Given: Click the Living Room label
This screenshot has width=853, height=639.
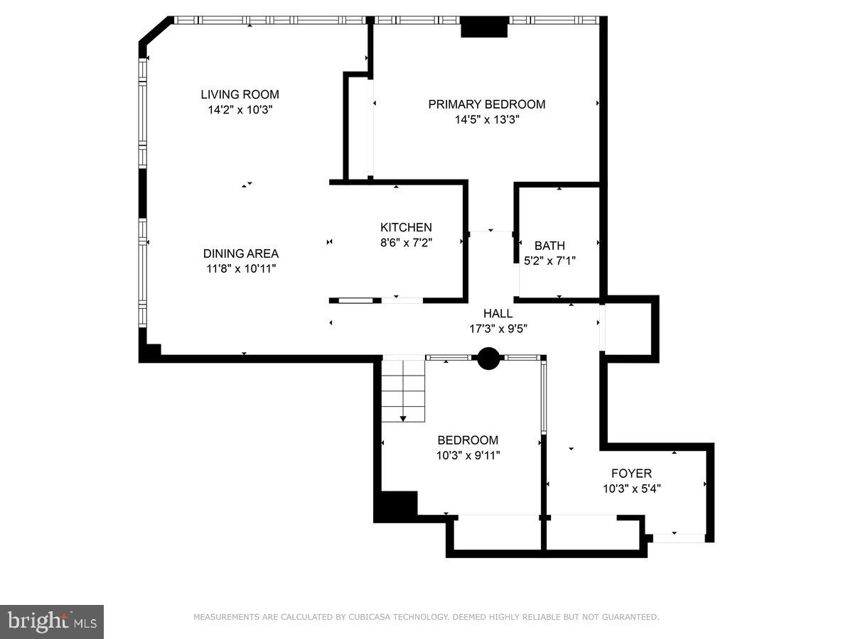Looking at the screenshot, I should point(240,94).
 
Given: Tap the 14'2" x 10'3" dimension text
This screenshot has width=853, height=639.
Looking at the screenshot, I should point(240,110).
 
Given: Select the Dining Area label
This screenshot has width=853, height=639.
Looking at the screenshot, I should point(240,253).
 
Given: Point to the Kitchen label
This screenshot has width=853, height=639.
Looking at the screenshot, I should point(406,227).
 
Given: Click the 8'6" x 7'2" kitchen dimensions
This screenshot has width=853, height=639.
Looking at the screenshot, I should point(406,242).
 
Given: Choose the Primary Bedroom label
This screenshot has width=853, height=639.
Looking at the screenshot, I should point(486,104).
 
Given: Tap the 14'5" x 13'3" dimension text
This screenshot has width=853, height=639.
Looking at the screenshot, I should point(487,120).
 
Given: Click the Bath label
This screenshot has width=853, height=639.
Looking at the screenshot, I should point(549,246).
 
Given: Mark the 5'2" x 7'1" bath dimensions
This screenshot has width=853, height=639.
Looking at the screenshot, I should point(549,261).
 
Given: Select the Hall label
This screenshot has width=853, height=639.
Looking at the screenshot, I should point(498,313).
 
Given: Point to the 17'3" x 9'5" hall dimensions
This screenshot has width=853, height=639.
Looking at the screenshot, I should point(498,328).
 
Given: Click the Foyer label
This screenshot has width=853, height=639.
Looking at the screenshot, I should point(631,473).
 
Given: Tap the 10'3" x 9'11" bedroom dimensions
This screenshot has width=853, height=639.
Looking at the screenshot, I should point(468,455).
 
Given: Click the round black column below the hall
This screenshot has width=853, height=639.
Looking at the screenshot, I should point(488,359).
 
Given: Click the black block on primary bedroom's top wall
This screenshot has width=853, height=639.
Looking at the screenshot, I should point(485,27).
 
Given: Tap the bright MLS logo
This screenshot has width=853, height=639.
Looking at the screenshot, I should point(51,622).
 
